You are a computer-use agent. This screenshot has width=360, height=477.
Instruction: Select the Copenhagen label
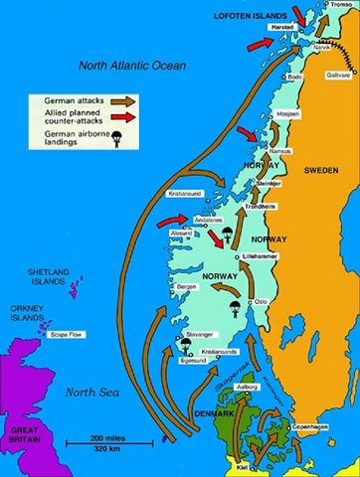313,425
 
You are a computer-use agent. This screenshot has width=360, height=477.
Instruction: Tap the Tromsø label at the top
342,4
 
